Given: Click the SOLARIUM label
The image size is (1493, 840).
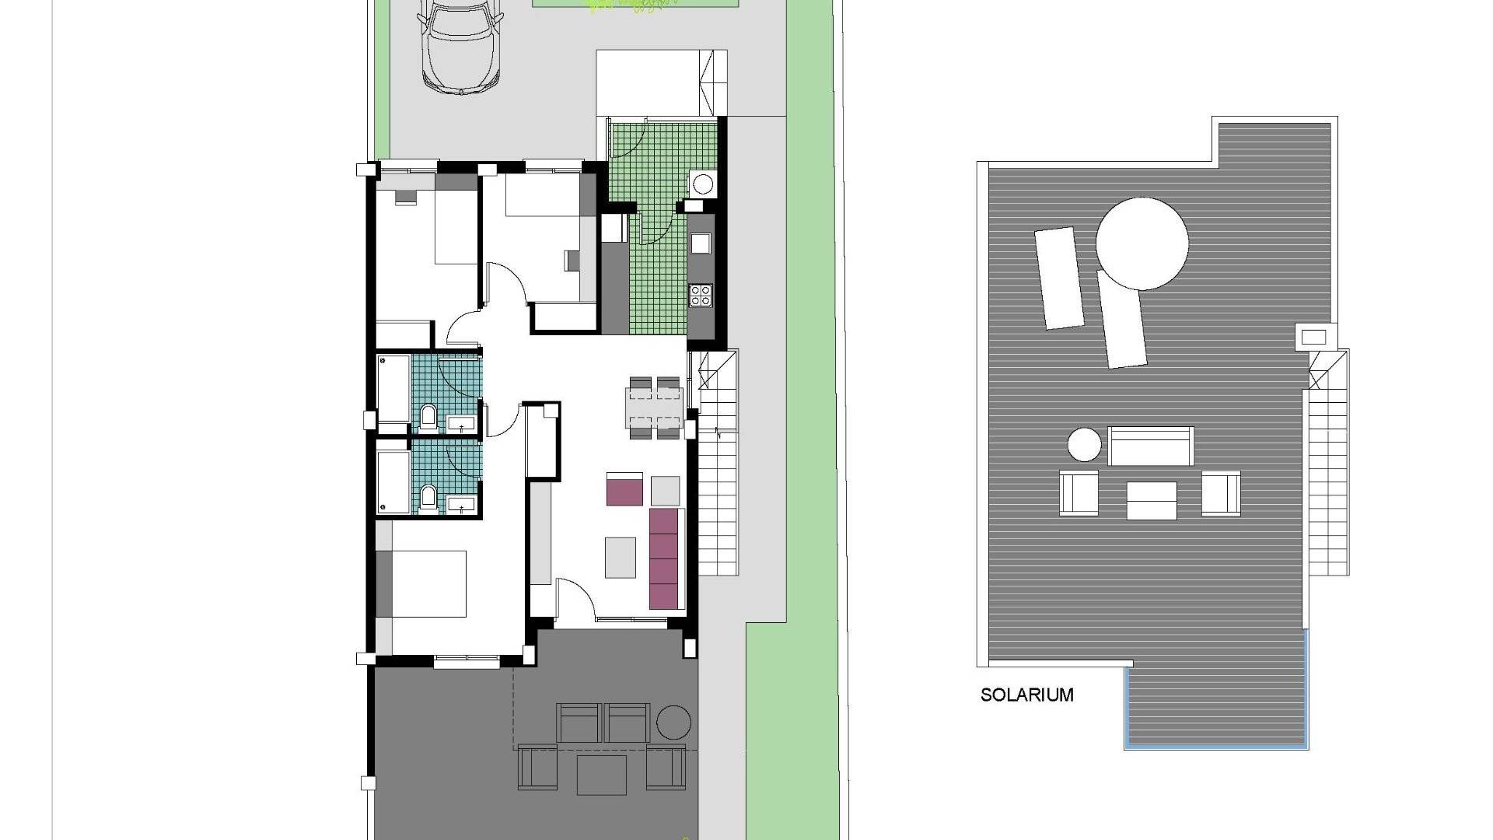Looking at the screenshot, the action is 1026,695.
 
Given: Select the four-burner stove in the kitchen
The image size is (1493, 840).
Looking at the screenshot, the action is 701,296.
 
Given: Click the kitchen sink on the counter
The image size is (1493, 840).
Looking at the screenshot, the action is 701,243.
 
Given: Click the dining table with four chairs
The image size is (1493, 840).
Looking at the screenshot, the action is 656,408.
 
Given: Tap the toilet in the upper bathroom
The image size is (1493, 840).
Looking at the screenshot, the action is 428,418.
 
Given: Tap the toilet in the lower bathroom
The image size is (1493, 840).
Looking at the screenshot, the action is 428,498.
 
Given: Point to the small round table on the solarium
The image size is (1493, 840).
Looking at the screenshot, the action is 1084,446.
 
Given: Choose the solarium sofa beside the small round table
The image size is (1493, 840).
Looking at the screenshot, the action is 1151,446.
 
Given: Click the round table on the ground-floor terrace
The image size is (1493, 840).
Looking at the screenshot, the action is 673,723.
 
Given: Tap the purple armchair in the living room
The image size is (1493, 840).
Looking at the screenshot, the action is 624,488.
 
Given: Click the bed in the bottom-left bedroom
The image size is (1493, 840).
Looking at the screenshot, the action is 425,584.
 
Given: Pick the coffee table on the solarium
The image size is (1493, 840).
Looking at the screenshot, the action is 1152,500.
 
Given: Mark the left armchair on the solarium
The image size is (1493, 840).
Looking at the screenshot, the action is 1079,492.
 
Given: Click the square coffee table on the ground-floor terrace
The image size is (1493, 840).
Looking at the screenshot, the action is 603,775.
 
